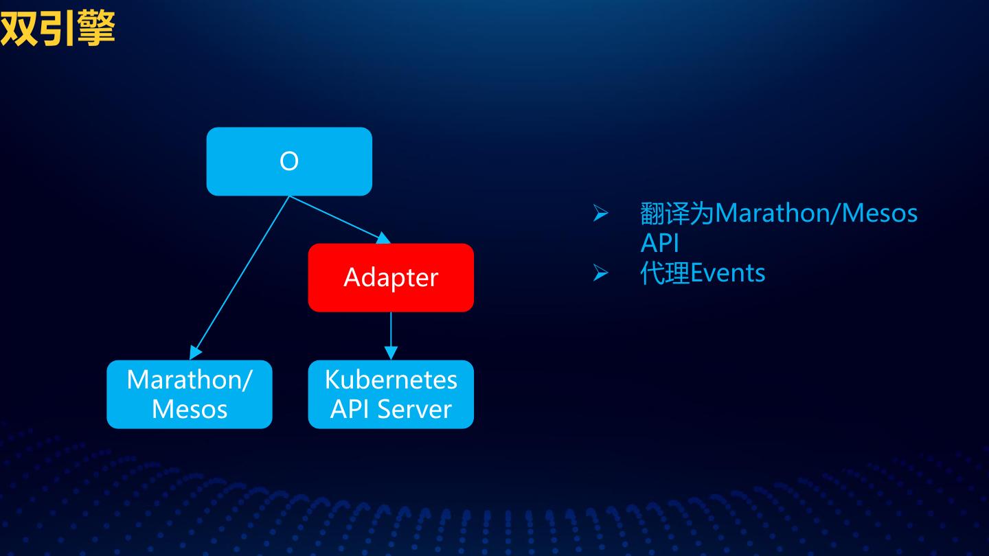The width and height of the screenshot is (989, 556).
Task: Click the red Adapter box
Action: tap(391, 277)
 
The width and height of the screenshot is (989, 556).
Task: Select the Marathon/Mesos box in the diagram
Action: tap(190, 394)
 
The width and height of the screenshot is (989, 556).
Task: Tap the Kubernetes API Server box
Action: tap(391, 394)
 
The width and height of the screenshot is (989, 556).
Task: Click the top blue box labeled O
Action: tap(289, 161)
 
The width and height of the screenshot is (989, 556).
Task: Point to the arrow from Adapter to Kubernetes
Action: tap(391, 336)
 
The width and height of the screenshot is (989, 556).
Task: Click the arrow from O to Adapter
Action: tap(340, 220)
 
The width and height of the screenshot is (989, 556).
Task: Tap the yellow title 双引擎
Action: tap(58, 29)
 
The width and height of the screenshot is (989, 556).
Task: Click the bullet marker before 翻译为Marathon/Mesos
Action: tap(600, 213)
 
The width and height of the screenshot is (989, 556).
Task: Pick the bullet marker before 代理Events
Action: tap(600, 273)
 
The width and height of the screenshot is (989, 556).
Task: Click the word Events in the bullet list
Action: tap(727, 273)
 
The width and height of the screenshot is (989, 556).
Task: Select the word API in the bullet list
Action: tap(659, 243)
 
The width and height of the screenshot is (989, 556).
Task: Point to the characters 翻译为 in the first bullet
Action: tap(677, 213)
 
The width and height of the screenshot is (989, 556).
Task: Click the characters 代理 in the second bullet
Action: tap(666, 273)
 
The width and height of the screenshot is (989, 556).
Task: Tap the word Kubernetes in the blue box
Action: tap(391, 380)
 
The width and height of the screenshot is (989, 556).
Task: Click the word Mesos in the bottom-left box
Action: tap(190, 410)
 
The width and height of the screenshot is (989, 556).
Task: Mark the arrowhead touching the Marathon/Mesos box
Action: tap(195, 352)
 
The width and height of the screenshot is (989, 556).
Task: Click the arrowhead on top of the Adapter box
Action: tap(384, 238)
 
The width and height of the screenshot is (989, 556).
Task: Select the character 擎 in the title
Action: tap(96, 29)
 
